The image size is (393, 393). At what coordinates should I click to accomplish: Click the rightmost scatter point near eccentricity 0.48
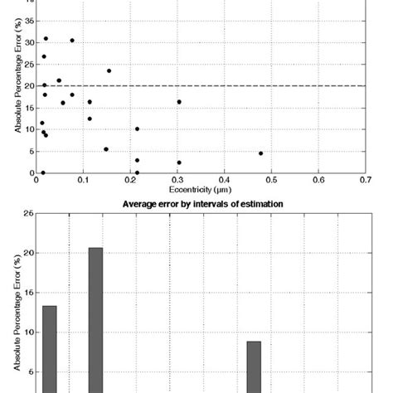[x=260, y=153]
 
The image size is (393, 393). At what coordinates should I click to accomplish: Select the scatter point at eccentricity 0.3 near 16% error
[x=179, y=102]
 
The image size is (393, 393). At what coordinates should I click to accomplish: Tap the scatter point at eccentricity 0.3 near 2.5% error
[x=179, y=163]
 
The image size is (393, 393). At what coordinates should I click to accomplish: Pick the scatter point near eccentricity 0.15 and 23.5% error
[x=109, y=70]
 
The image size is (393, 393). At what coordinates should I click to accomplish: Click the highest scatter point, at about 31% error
[x=46, y=38]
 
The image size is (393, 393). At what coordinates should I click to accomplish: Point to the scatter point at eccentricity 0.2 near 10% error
[x=137, y=129]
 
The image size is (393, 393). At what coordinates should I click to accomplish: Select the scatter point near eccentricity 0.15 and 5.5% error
[x=106, y=149]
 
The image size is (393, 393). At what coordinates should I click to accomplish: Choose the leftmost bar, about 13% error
[x=50, y=348]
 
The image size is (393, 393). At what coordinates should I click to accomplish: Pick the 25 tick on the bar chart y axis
[x=29, y=213]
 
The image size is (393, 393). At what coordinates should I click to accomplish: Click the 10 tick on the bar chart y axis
[x=29, y=332]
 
